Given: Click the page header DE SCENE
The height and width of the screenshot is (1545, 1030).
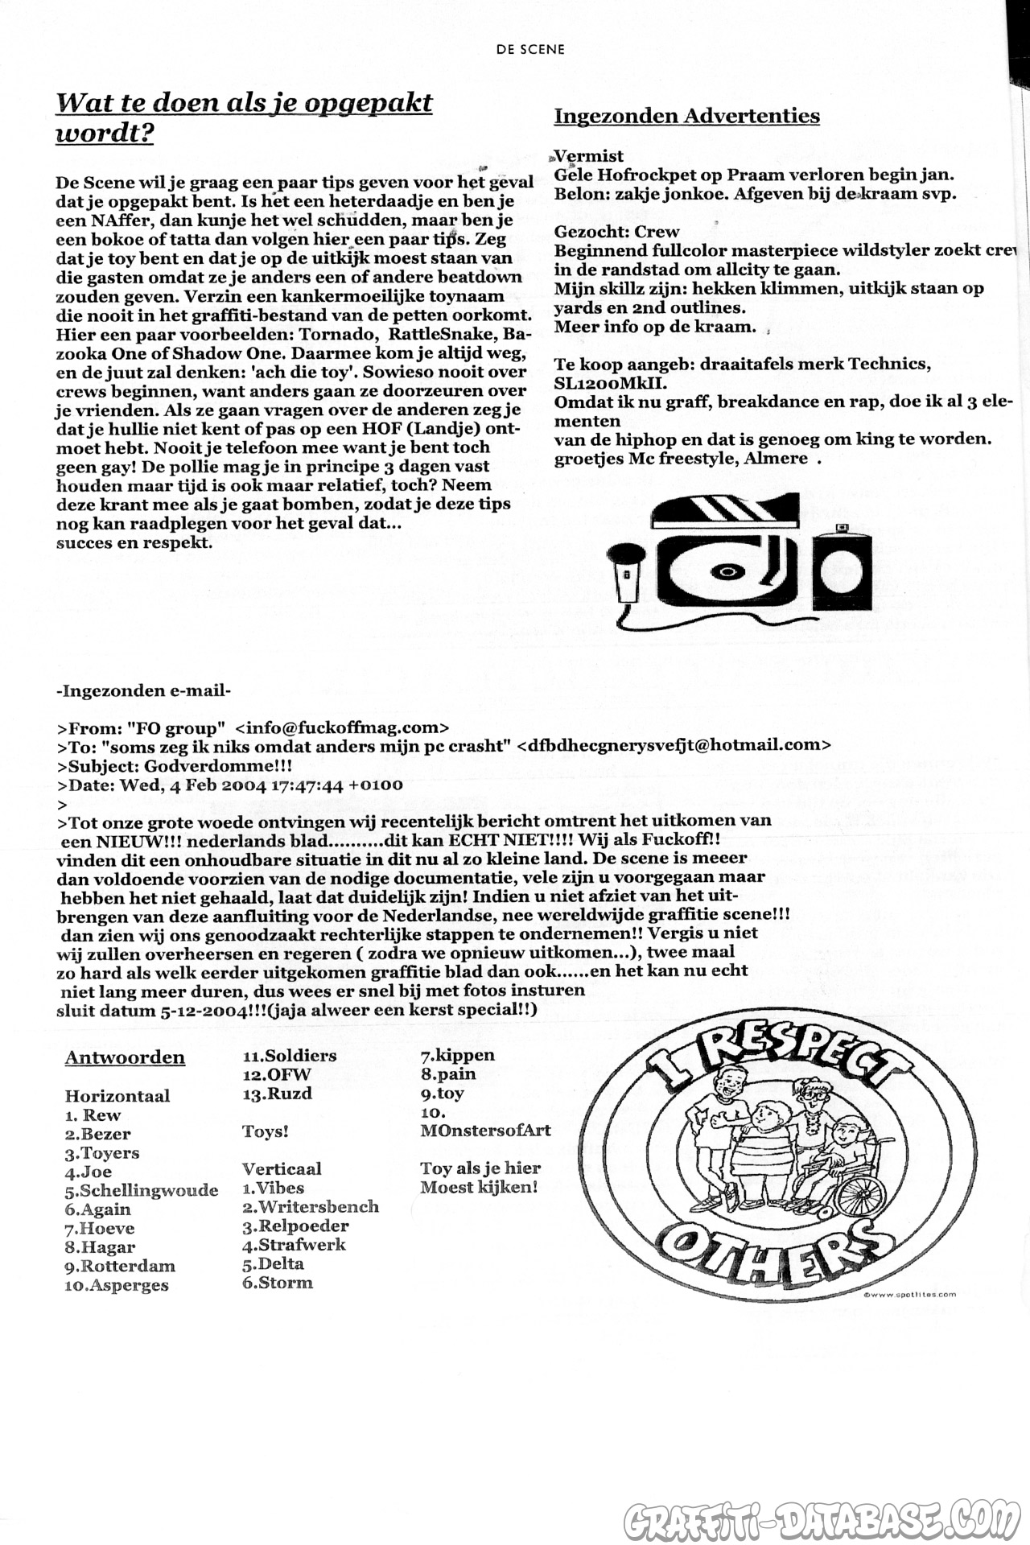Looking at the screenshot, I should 530,49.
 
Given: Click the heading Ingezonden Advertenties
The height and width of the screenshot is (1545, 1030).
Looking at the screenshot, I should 686,116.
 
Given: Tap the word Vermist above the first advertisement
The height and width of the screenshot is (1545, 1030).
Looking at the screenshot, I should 590,156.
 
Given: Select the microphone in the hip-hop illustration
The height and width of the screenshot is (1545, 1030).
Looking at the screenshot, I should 624,571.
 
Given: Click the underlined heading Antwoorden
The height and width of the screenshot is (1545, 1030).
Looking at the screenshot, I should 125,1057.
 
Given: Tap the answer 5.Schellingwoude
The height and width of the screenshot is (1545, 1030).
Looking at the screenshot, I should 142,1190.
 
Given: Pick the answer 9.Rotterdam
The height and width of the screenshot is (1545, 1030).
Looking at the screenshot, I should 120,1266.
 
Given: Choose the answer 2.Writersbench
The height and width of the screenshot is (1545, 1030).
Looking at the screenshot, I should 311,1206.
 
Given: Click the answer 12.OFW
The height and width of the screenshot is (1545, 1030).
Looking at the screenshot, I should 276,1074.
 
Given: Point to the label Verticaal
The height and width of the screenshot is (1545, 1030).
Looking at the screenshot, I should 282,1168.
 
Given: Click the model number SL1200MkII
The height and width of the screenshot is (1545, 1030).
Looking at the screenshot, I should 610,382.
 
